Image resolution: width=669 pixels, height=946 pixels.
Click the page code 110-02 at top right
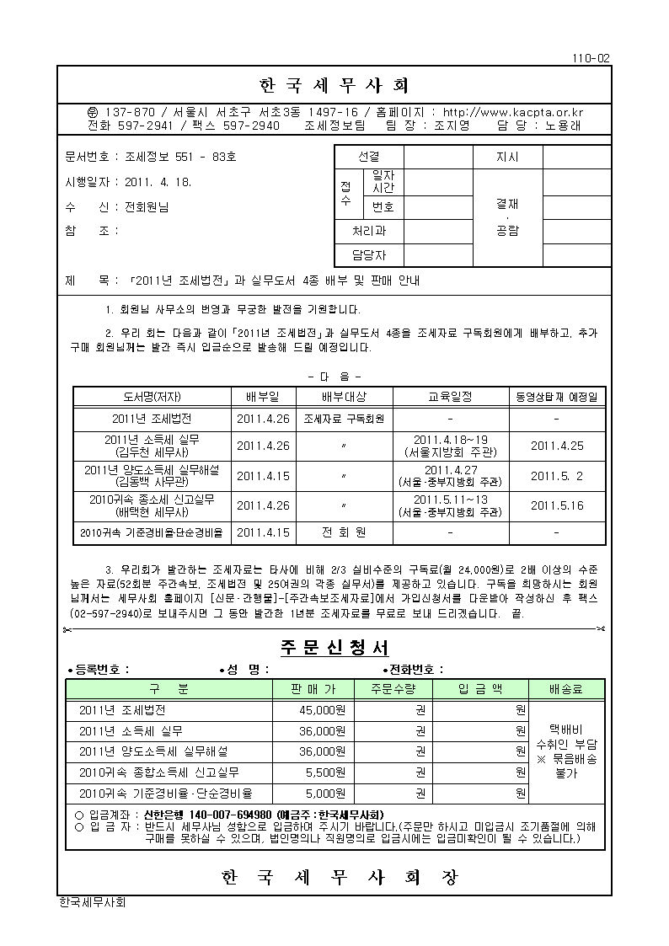coord(591,58)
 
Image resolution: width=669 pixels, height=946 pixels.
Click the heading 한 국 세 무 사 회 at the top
coord(334,86)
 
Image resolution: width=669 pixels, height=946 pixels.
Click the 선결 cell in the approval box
coord(369,157)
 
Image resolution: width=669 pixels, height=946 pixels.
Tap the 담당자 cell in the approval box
coord(369,255)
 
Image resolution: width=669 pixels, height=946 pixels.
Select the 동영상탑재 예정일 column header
coord(557,397)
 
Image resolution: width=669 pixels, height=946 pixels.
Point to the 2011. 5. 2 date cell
coord(557,476)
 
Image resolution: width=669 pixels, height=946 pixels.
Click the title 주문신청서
coord(334,647)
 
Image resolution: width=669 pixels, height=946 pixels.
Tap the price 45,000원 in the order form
coord(323,710)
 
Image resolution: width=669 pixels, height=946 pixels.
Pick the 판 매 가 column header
coord(312,689)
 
